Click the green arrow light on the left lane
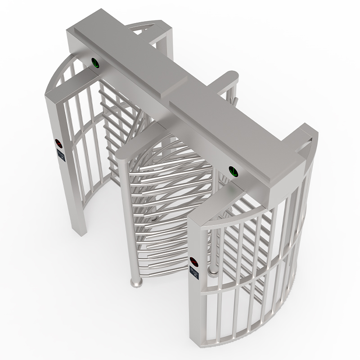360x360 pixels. tap(96, 63)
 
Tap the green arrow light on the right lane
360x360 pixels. tap(234, 171)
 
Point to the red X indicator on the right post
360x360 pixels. tap(194, 260)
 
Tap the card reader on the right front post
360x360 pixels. tap(194, 272)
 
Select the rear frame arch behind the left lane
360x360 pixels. tap(148, 27)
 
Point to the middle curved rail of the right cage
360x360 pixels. tap(252, 288)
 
